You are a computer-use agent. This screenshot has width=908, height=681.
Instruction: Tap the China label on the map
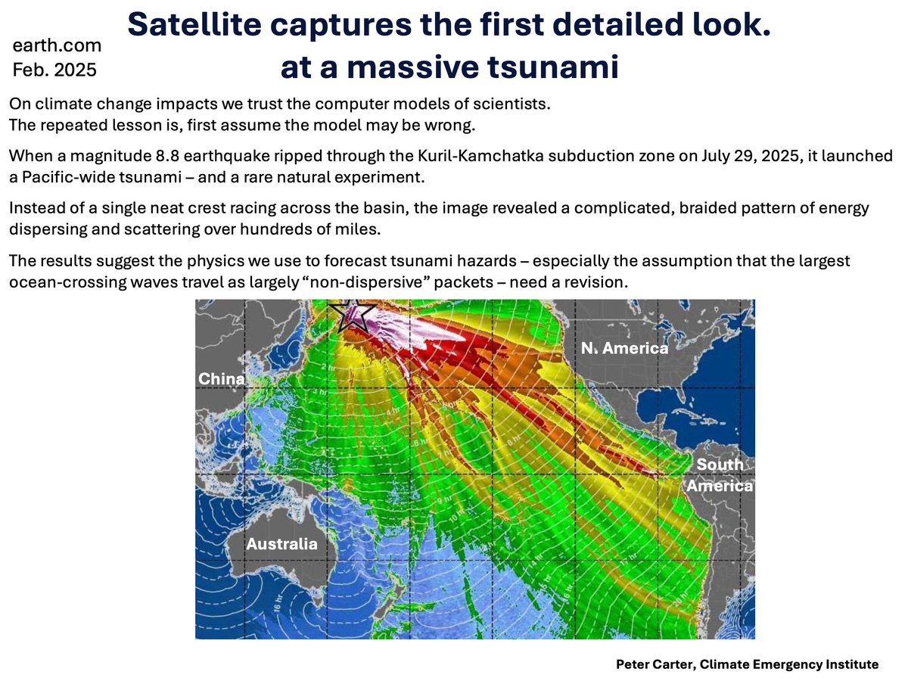pos(222,378)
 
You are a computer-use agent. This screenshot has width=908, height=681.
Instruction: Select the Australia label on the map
pos(281,544)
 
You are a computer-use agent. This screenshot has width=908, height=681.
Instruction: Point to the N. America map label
pos(624,348)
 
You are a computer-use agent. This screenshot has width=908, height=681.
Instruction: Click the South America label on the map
pos(720,475)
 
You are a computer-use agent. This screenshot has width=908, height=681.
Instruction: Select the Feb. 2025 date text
pos(54,70)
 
